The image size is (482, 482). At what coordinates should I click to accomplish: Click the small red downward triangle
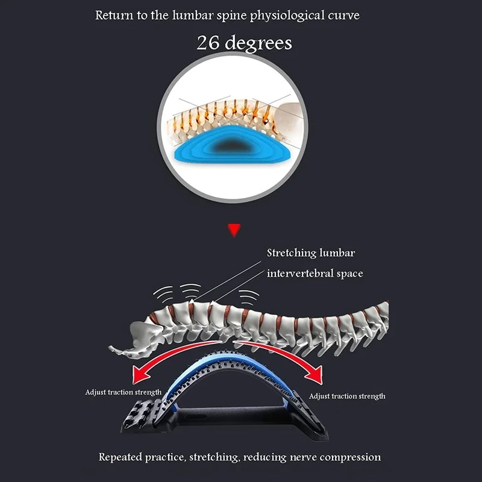coord(234,230)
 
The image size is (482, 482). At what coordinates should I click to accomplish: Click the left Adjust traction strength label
coord(124,392)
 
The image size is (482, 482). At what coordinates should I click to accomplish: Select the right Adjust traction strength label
coord(347,396)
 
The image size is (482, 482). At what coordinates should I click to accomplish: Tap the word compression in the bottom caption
coord(349,457)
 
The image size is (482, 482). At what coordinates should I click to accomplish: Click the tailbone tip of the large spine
coord(111,348)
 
